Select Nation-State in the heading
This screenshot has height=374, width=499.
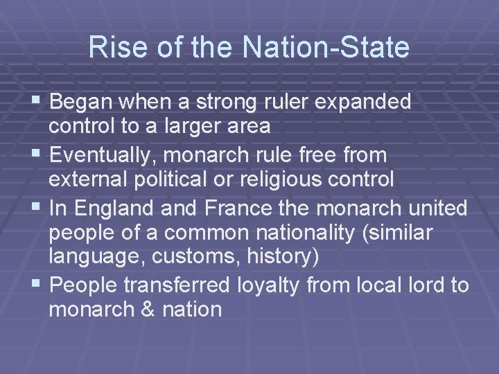pyautogui.click(x=326, y=48)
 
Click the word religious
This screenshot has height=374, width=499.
pyautogui.click(x=270, y=179)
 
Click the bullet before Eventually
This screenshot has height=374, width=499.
pyautogui.click(x=40, y=154)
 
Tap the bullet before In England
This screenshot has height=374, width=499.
pyautogui.click(x=40, y=206)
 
